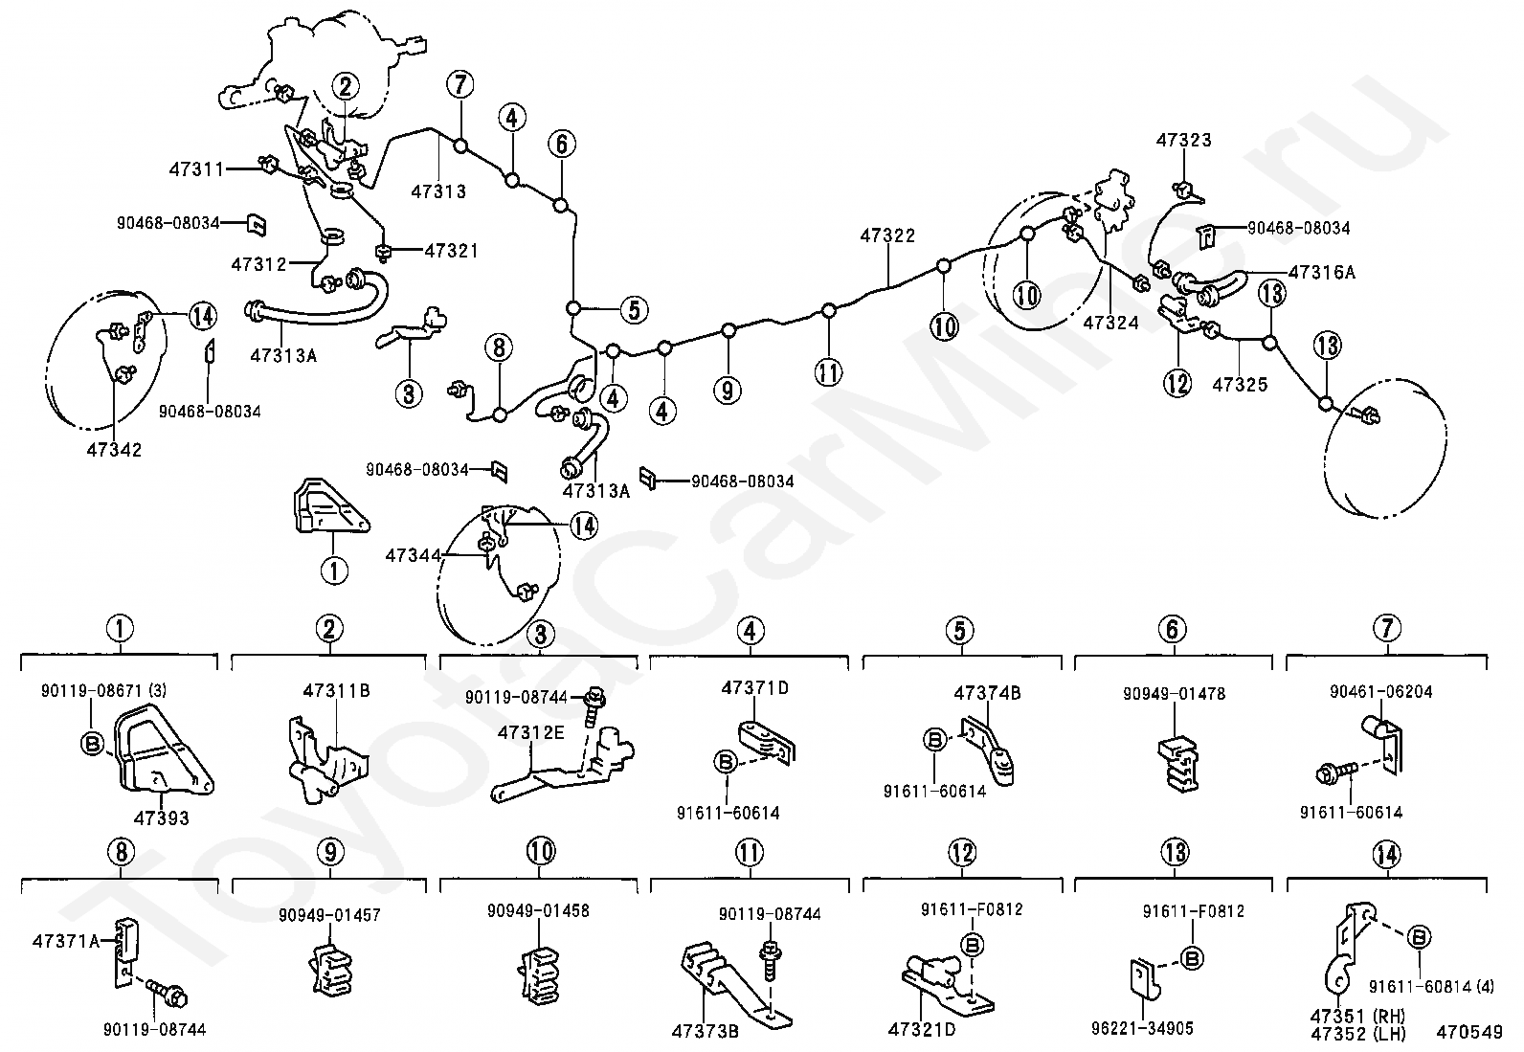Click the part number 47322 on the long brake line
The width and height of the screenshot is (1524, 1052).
pos(887,235)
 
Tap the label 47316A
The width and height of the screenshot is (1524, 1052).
pos(1322,272)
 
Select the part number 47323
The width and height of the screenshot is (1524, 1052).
pos(1184,140)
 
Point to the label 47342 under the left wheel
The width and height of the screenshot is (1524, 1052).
pos(114,450)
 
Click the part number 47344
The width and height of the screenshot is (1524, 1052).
pos(413,555)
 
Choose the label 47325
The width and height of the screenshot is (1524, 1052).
pos(1241,385)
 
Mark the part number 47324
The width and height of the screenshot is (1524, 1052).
pos(1111,323)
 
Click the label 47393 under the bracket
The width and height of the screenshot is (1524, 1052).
pos(161,817)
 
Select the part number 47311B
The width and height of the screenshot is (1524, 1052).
pos(337,691)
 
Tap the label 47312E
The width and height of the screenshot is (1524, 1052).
pos(531,733)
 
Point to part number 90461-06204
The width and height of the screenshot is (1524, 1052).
pos(1381,692)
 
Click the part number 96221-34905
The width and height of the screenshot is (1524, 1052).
pos(1142,1028)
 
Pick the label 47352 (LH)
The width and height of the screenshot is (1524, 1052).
pos(1358,1034)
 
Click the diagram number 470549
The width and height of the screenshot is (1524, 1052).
pos(1469,1032)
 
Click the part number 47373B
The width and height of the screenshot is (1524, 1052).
pos(705,1032)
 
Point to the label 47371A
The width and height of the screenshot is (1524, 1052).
pos(66,941)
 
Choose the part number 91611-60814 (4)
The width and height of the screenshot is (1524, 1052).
pos(1431,987)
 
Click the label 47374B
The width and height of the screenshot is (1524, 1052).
pos(987,693)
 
